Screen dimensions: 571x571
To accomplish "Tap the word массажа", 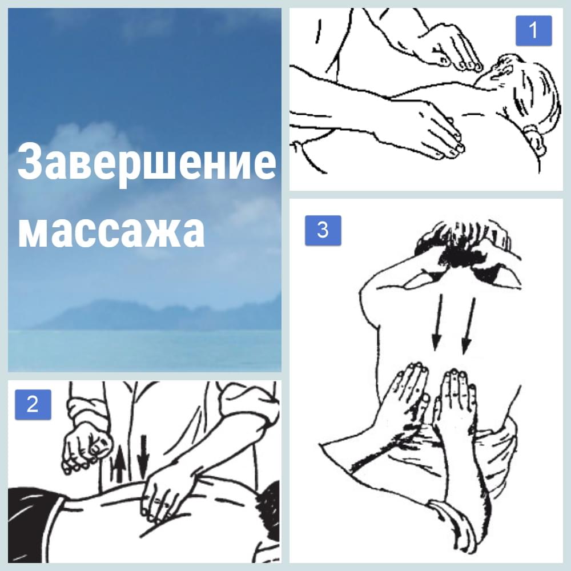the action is click(x=111, y=230).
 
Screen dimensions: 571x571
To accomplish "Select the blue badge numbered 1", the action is click(x=533, y=31).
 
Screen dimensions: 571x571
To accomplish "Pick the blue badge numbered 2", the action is click(x=33, y=404).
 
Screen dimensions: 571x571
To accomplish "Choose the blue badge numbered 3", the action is click(x=323, y=230).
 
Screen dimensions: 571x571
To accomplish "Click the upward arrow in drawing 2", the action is click(x=119, y=467).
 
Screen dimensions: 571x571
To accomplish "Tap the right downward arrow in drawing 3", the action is click(x=469, y=326).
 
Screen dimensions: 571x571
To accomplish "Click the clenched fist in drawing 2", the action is click(x=86, y=445).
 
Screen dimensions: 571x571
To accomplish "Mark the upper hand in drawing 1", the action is click(x=452, y=47).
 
